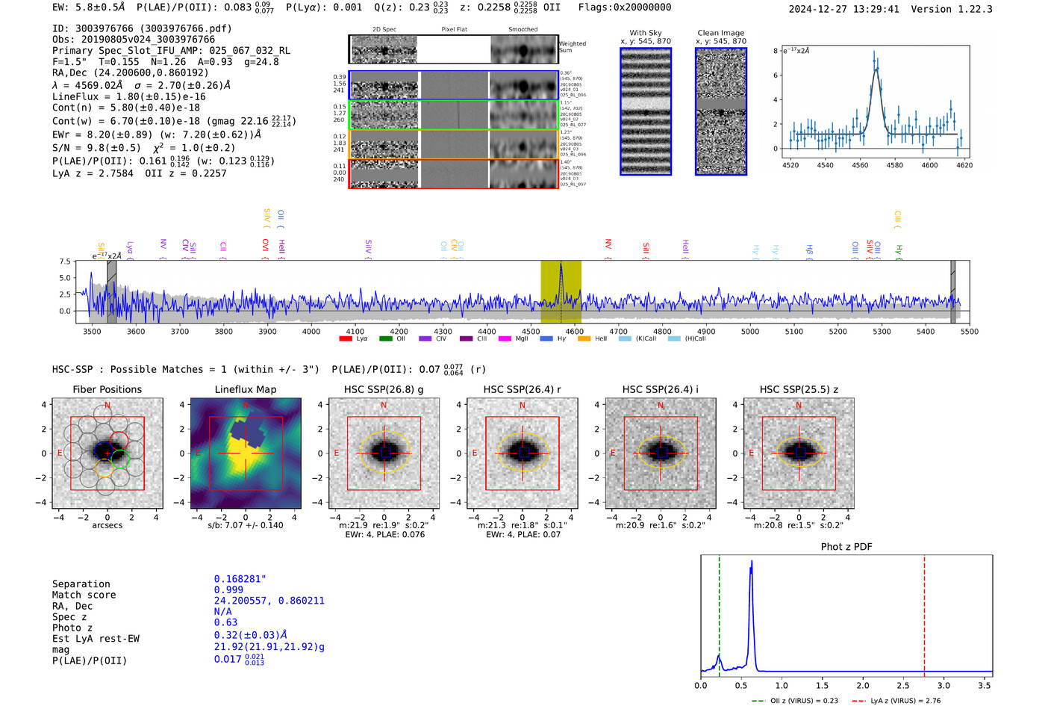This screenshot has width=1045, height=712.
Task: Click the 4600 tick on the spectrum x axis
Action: click(574, 332)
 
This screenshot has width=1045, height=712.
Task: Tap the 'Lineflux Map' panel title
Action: click(246, 389)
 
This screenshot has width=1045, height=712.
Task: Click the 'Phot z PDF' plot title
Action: click(846, 547)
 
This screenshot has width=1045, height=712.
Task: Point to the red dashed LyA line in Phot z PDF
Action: click(924, 613)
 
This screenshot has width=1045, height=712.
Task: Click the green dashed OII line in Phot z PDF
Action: click(720, 613)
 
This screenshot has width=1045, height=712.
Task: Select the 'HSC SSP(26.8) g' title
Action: click(384, 389)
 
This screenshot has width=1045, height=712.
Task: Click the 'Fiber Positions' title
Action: click(107, 389)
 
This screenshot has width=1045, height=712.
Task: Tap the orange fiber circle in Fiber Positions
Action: click(104, 468)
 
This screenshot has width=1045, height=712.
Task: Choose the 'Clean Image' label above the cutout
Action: click(720, 33)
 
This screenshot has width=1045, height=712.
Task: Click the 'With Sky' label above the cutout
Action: click(646, 33)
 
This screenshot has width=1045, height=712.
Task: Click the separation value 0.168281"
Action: click(240, 579)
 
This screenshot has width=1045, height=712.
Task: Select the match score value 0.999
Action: click(228, 589)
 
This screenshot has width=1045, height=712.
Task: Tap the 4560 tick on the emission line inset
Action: click(860, 165)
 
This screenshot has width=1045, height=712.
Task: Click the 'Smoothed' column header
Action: click(522, 30)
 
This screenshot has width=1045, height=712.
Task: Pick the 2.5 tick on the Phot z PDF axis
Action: click(904, 685)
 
